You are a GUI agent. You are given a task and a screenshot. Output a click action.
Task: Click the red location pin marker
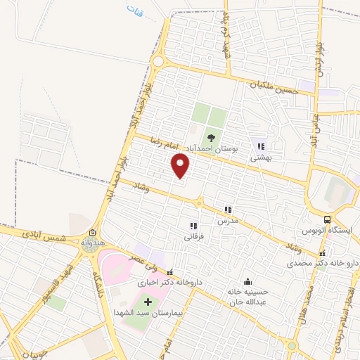click(x=181, y=165)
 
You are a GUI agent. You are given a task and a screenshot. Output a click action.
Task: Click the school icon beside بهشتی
click(x=261, y=146)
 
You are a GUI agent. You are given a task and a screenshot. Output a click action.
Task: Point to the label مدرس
click(x=228, y=221)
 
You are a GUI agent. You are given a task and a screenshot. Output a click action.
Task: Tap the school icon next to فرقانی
click(x=193, y=226)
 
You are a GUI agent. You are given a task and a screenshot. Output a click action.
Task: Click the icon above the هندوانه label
click(x=94, y=233)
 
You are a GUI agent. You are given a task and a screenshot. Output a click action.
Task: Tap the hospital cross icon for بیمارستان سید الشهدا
click(x=148, y=301)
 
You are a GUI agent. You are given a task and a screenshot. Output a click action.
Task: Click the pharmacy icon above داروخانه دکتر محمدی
click(x=322, y=254)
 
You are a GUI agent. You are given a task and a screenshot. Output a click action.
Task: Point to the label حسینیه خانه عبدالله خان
click(x=247, y=295)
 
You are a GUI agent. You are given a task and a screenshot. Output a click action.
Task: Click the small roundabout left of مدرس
click(x=200, y=202)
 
